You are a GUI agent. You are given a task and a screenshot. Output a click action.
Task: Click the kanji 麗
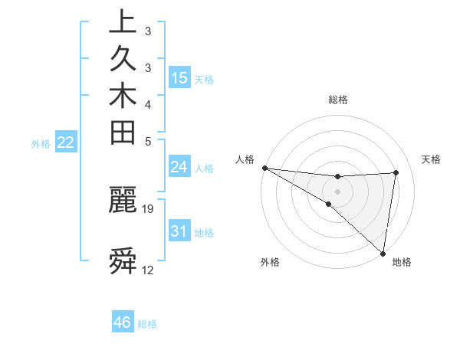point(123,200)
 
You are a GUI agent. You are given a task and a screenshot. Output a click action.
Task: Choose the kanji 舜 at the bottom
point(123,261)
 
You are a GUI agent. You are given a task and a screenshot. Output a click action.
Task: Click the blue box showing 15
point(179,78)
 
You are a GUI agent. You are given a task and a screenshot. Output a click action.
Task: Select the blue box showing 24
point(179,167)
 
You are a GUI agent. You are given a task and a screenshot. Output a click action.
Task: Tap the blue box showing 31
point(179,231)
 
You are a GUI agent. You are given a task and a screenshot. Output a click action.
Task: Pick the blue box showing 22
point(66,142)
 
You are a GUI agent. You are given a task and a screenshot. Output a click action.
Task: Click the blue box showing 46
point(123,322)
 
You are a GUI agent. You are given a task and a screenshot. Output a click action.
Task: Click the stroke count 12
point(148,270)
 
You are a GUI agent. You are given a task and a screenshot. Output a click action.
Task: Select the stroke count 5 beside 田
point(148,141)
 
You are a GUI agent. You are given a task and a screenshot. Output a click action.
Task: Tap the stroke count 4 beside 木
point(148,103)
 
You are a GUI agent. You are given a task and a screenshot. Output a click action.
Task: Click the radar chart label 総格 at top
point(337,100)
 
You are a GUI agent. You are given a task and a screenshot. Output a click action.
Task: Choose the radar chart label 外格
point(270,262)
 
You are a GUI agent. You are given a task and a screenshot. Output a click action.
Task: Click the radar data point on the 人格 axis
point(264,168)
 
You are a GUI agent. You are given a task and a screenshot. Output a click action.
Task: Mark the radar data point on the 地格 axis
point(383,253)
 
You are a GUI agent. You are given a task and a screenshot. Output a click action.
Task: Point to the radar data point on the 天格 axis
point(396,172)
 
